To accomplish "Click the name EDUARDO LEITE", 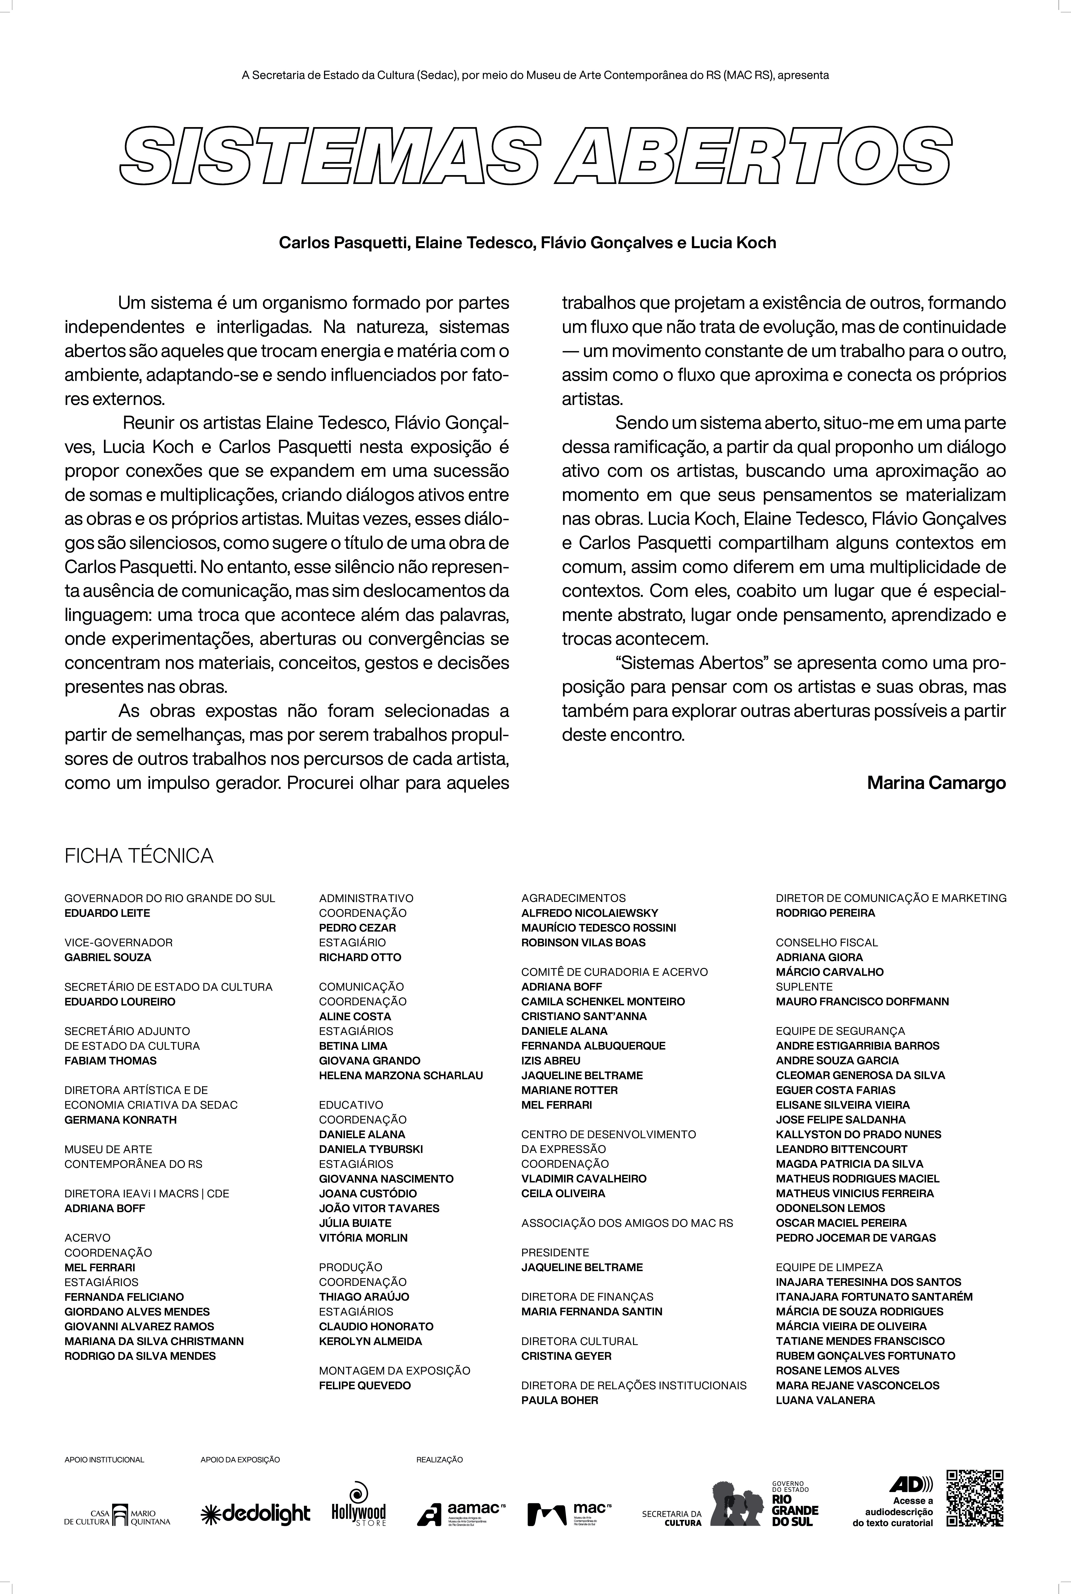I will [x=107, y=913].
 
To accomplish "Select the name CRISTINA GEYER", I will [x=566, y=1356].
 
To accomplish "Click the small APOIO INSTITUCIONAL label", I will [x=104, y=1459].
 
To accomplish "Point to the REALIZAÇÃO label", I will [x=439, y=1459].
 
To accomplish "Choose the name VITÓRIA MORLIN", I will [x=363, y=1237].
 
